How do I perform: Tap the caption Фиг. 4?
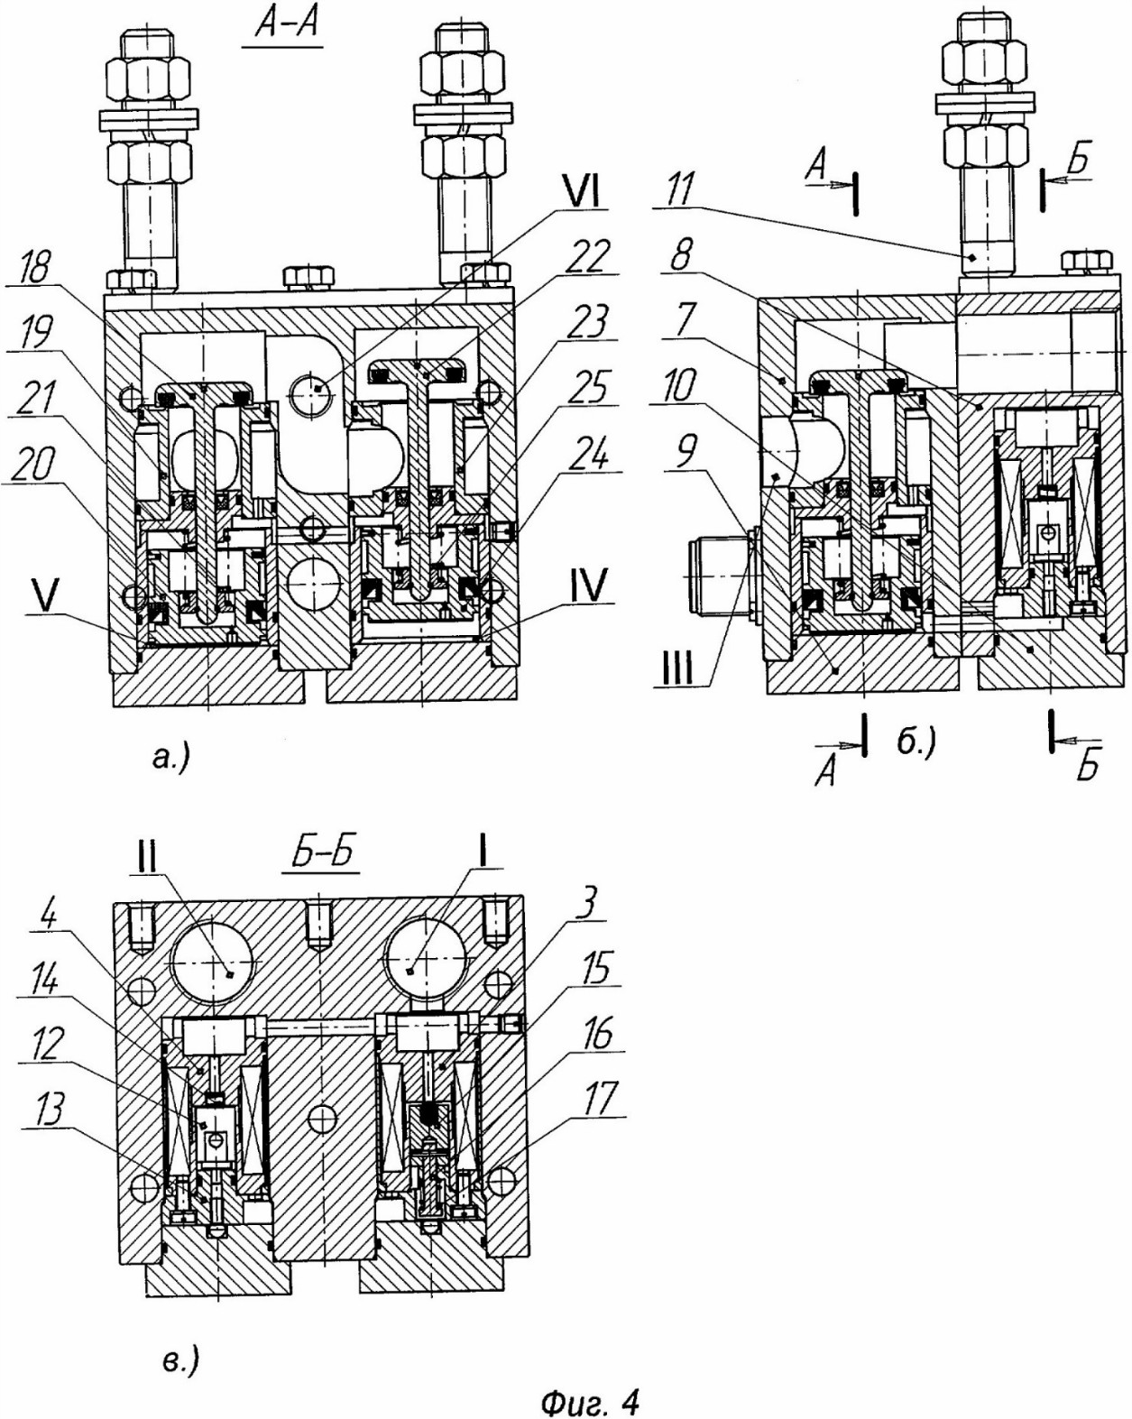coord(589,1399)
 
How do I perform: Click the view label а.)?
coord(170,760)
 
